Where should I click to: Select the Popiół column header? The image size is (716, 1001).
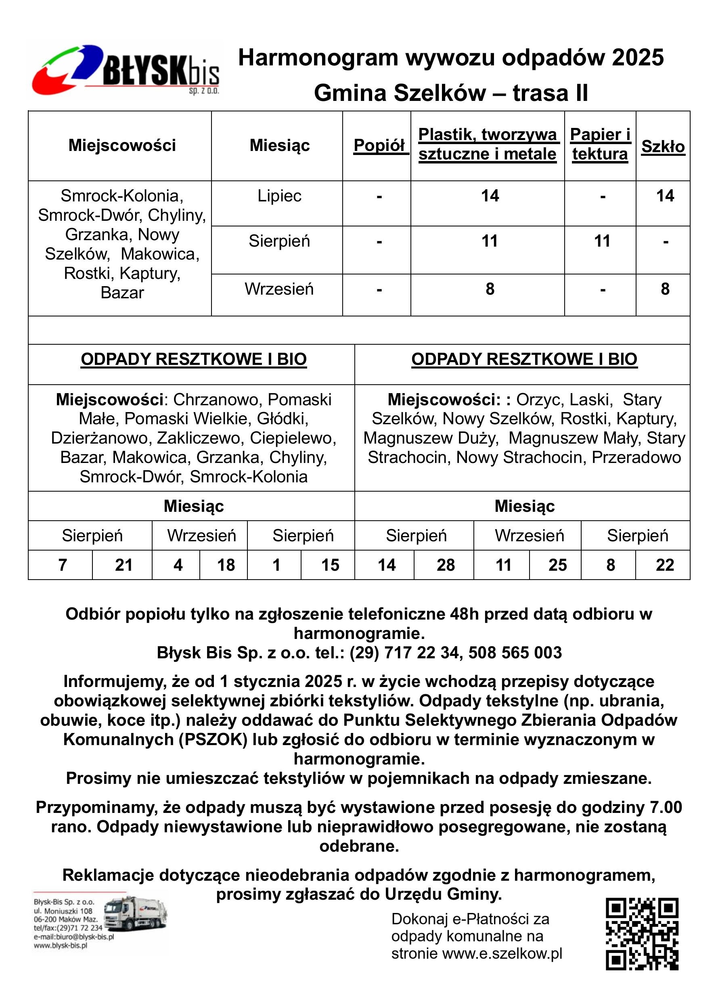(379, 145)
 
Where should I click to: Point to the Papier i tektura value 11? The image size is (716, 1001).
(602, 241)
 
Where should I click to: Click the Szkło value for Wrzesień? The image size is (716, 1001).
(665, 289)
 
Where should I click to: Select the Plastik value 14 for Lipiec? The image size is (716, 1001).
(490, 196)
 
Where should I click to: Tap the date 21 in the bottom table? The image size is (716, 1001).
(124, 565)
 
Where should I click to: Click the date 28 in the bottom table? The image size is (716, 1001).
(445, 565)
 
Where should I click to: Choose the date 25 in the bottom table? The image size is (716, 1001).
(557, 565)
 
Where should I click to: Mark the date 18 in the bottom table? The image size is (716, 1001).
(226, 565)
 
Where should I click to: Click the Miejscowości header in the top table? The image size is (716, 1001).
(122, 145)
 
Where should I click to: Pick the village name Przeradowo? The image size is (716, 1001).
(636, 458)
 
